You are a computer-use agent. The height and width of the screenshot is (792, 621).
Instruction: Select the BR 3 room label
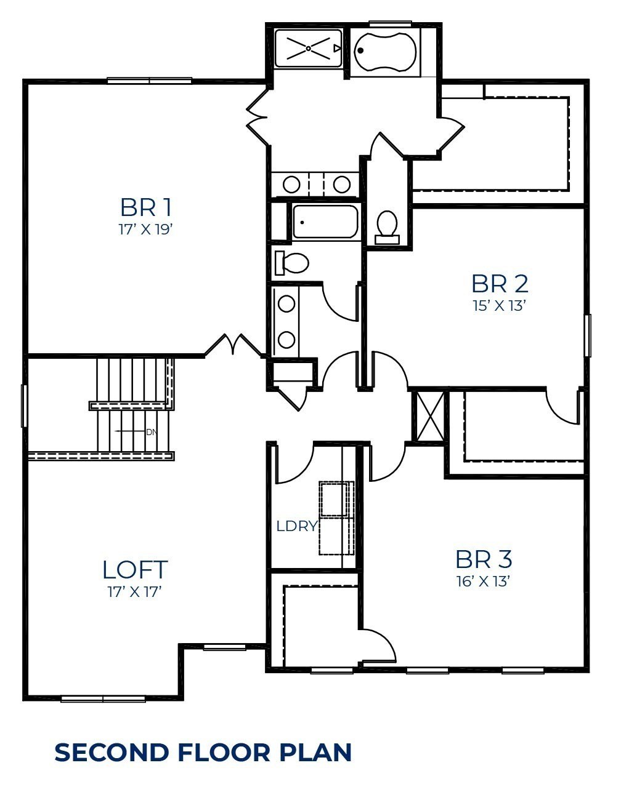[484, 559]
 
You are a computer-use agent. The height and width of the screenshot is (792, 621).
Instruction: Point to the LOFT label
[135, 570]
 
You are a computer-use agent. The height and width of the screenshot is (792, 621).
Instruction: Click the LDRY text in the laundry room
[296, 526]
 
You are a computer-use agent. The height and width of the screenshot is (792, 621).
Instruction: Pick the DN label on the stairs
[152, 433]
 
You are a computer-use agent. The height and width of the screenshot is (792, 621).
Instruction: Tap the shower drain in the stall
[308, 48]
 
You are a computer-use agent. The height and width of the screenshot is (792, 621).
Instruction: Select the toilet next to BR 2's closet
[387, 228]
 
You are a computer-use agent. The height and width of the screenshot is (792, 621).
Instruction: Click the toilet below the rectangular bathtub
[291, 262]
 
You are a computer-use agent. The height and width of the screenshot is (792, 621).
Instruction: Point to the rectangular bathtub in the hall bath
[325, 222]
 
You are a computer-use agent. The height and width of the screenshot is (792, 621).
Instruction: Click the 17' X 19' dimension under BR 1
[145, 230]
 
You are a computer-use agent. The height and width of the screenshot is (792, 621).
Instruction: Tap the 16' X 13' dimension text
[483, 582]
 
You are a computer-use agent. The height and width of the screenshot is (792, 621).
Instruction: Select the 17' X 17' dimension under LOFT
[135, 592]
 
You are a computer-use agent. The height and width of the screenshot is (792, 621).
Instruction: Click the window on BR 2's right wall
[588, 335]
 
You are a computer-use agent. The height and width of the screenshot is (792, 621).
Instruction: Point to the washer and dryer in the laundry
[336, 518]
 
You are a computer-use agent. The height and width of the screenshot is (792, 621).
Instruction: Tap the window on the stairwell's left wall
[24, 406]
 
